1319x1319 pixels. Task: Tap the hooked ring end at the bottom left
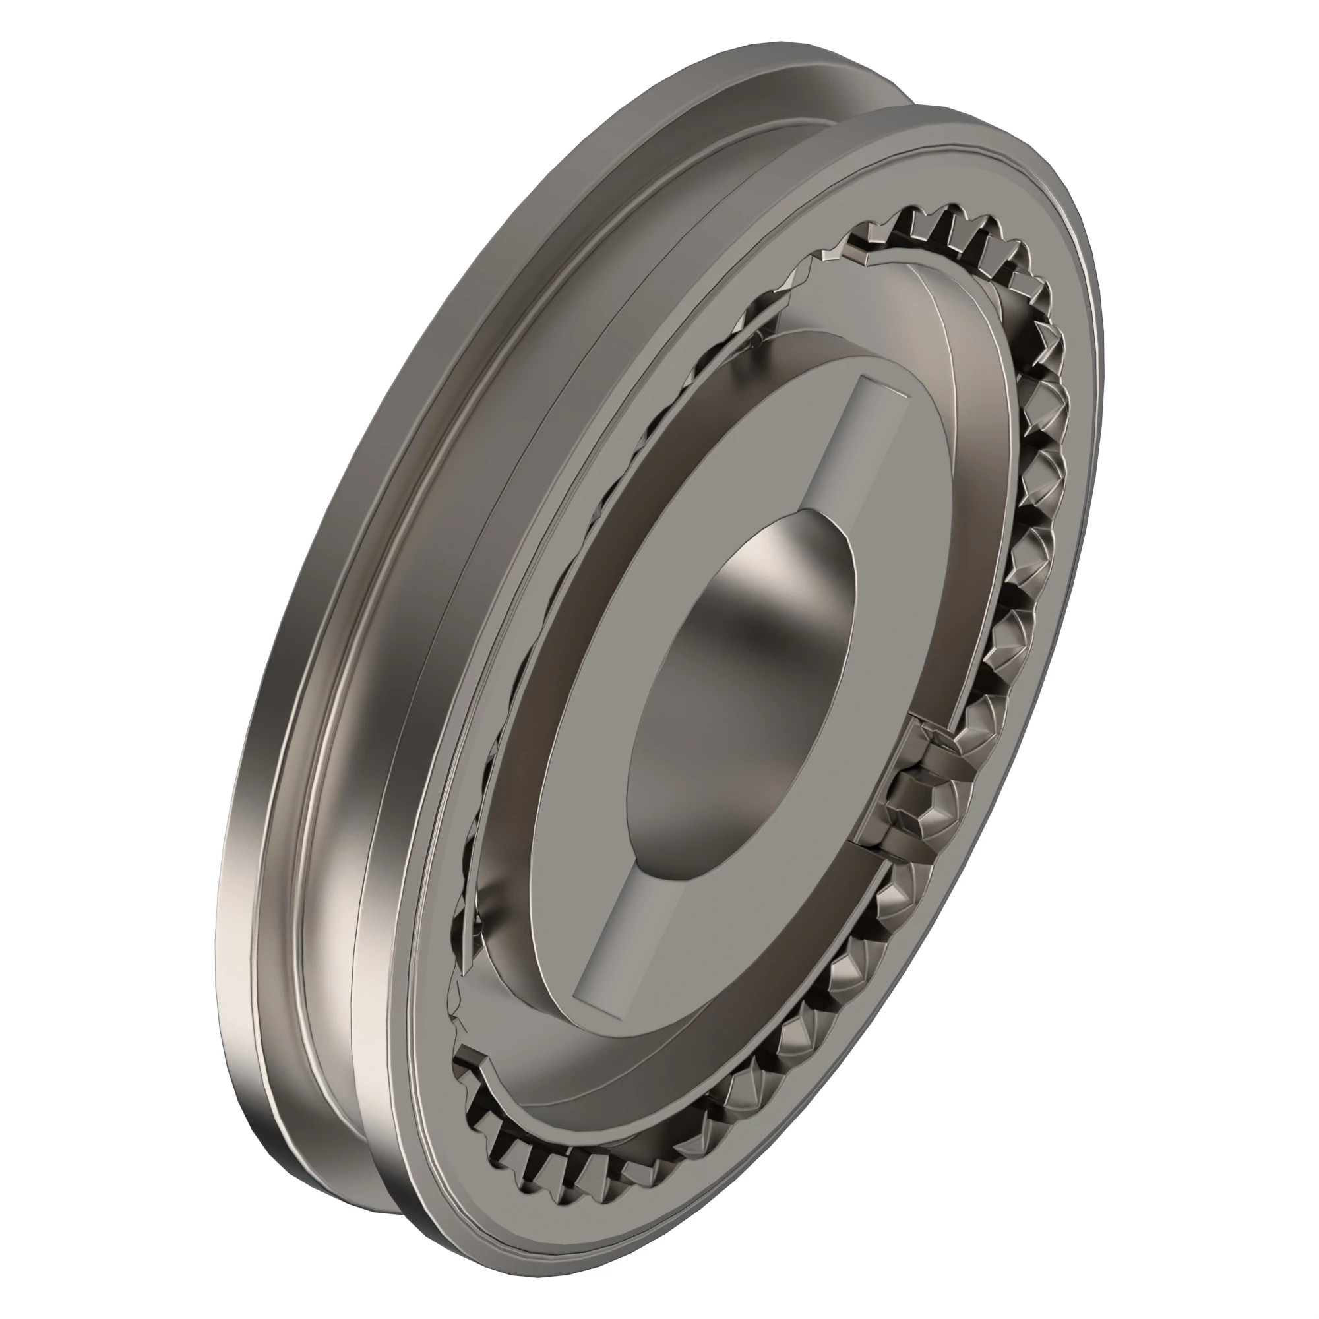(x=471, y=1068)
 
